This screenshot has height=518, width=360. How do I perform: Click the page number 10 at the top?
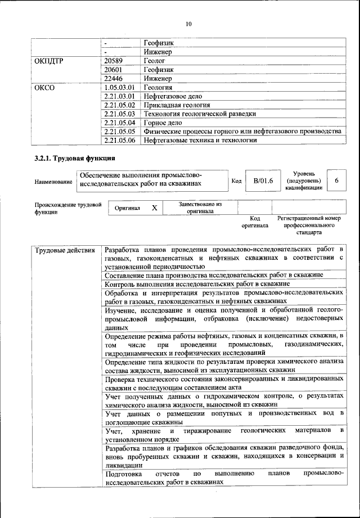tap(188, 24)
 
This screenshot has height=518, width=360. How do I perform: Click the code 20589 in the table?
tap(114, 61)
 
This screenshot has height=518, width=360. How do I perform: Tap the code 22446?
tap(114, 78)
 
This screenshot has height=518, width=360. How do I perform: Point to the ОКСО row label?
tap(45, 87)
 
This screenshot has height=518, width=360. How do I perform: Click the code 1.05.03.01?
tap(119, 87)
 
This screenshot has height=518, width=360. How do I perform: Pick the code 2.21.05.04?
tap(119, 122)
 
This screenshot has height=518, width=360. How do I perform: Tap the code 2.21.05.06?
tap(119, 140)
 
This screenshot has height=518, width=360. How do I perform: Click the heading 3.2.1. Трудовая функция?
tap(75, 159)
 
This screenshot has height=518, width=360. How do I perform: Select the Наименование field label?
tap(53, 182)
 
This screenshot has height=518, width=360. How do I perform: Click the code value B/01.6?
tap(263, 181)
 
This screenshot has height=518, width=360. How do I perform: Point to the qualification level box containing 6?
tap(336, 181)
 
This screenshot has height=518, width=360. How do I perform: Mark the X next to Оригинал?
tap(154, 208)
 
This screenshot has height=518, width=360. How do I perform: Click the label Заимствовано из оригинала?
tap(200, 208)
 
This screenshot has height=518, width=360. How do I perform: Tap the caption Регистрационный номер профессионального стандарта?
tap(309, 224)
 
